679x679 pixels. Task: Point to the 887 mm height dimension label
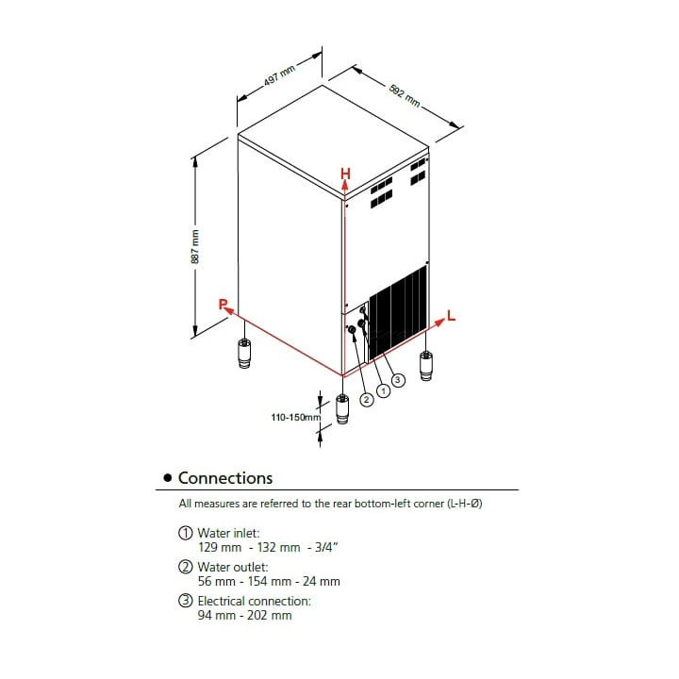tap(195, 246)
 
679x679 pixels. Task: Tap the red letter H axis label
tap(345, 174)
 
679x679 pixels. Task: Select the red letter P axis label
tap(223, 304)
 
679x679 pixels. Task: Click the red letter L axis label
tap(452, 317)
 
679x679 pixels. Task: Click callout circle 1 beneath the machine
tap(383, 389)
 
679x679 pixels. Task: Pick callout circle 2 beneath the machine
tap(367, 400)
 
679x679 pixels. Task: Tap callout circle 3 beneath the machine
tap(398, 379)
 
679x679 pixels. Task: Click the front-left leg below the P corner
tap(244, 355)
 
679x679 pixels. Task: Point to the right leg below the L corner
tap(426, 364)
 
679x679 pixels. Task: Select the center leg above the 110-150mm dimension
tap(341, 406)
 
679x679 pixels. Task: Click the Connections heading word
tap(225, 478)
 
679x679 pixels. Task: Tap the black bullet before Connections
tap(168, 479)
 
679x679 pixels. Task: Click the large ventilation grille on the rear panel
tap(397, 311)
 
